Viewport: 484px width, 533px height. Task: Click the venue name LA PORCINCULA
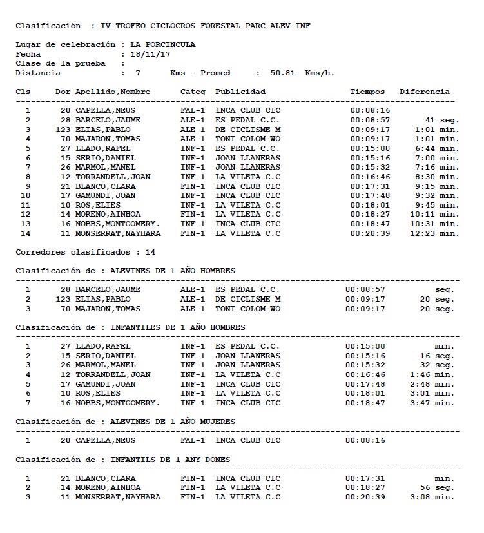[162, 45]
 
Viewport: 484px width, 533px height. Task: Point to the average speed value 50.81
[282, 73]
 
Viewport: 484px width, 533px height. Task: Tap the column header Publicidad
[240, 92]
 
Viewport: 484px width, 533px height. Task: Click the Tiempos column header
[367, 92]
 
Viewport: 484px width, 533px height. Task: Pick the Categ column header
[193, 92]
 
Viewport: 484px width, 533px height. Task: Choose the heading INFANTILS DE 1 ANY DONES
[171, 460]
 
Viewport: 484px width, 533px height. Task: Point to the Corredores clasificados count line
[85, 252]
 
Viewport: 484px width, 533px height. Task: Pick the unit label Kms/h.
[320, 73]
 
